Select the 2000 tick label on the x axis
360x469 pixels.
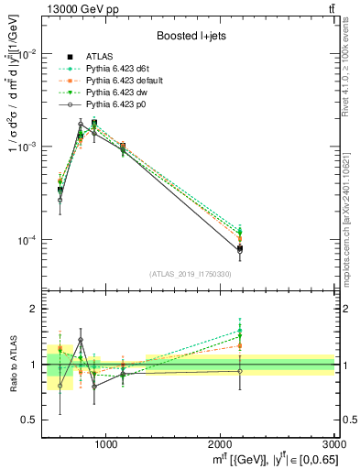click(x=220, y=444)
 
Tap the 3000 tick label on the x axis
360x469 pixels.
click(x=333, y=444)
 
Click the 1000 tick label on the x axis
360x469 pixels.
click(x=105, y=444)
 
